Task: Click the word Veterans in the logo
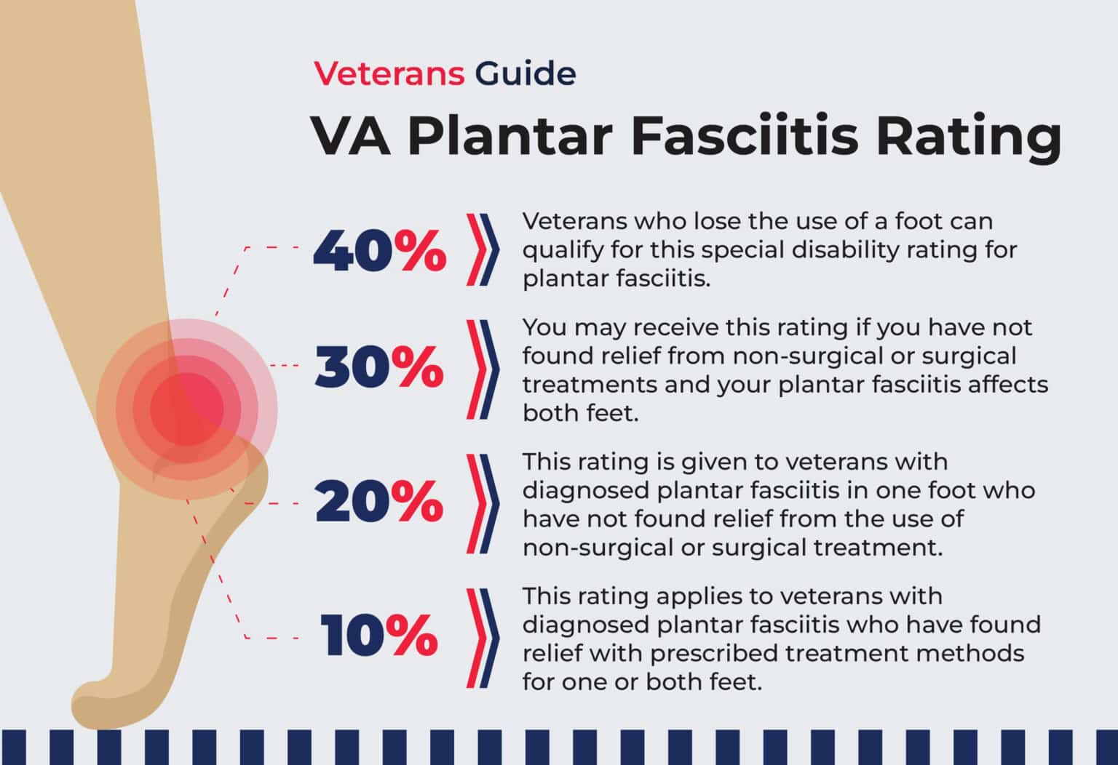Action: [x=389, y=73]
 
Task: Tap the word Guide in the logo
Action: [x=525, y=73]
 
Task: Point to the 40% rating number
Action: [x=379, y=250]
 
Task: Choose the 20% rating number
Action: [x=379, y=502]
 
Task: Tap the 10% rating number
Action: [x=379, y=635]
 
